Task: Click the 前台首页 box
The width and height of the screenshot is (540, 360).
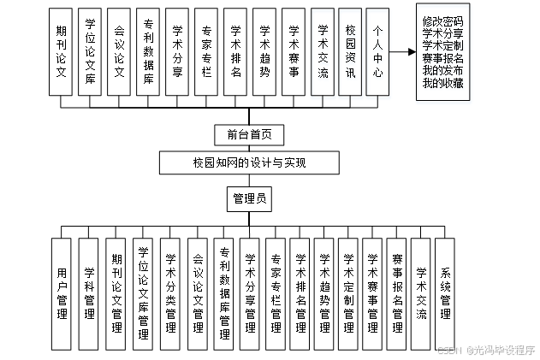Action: (x=249, y=134)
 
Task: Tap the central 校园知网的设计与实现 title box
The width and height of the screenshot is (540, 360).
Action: (x=249, y=162)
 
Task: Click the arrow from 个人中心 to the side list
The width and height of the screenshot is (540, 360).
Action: (x=403, y=52)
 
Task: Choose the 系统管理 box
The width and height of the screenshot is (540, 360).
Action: (x=445, y=291)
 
